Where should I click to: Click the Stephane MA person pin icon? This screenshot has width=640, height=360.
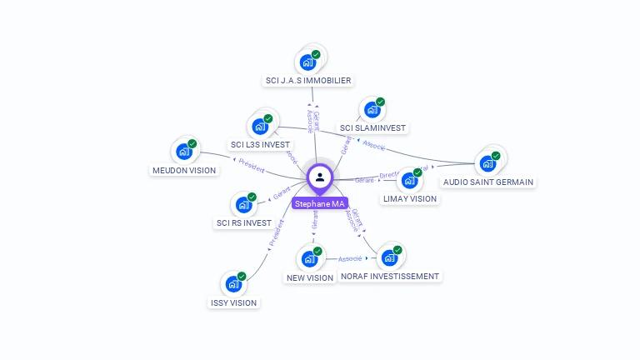[x=320, y=177]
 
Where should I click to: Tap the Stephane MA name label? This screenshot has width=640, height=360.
[x=319, y=203]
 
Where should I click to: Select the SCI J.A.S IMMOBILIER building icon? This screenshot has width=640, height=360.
[x=308, y=62]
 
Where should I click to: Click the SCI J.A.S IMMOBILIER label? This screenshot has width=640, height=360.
[x=307, y=81]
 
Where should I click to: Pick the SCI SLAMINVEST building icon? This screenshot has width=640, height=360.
[x=372, y=111]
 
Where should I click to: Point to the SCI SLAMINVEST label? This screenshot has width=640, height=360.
[x=372, y=127]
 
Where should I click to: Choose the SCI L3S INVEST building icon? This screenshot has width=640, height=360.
[x=260, y=127]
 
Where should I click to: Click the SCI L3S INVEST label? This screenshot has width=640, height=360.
[x=260, y=145]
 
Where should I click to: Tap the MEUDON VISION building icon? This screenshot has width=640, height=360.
[x=183, y=152]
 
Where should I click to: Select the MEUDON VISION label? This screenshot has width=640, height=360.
[x=183, y=171]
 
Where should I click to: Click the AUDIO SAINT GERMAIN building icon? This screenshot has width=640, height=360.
[x=487, y=163]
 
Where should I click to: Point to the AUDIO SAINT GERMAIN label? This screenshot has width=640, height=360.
[x=488, y=182]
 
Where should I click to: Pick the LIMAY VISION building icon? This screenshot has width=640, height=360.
[x=409, y=181]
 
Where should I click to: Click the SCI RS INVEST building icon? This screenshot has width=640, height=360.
[x=244, y=204]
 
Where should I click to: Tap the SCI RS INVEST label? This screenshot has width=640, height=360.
[x=243, y=223]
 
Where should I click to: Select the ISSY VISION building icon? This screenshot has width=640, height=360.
[x=233, y=284]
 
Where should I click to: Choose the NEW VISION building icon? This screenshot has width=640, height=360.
[x=309, y=259]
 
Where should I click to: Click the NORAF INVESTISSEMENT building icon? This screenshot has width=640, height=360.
[x=389, y=258]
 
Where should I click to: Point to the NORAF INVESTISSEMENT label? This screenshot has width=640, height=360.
[x=389, y=276]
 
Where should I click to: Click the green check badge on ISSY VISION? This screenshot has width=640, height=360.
[x=242, y=276]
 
